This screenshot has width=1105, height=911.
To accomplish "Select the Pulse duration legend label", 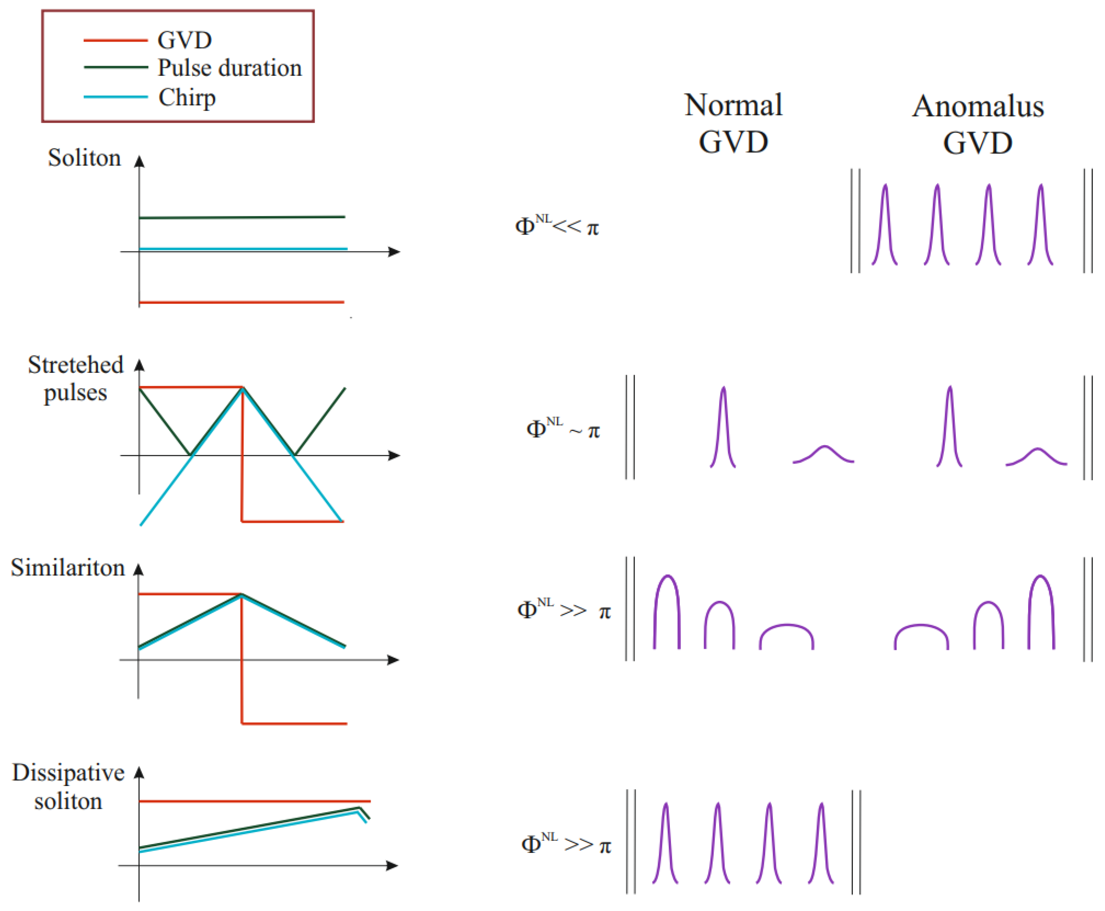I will (230, 68).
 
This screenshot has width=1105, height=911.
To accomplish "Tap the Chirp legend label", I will (187, 98).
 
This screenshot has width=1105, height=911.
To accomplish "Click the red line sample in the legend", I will (115, 40).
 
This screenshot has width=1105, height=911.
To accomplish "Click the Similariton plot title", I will (68, 568).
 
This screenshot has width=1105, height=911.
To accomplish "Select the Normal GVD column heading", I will (733, 123).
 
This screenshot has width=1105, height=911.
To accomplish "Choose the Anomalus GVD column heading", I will (978, 124).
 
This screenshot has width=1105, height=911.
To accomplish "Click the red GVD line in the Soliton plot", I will (241, 302).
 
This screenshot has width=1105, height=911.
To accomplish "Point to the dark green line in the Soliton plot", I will (241, 217).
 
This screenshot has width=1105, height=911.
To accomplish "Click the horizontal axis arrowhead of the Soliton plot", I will (395, 252).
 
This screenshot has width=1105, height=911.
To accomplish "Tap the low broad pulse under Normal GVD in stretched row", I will (824, 454).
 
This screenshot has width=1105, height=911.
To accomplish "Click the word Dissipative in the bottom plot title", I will (68, 773).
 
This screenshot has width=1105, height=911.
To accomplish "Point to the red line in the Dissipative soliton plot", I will (255, 801).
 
